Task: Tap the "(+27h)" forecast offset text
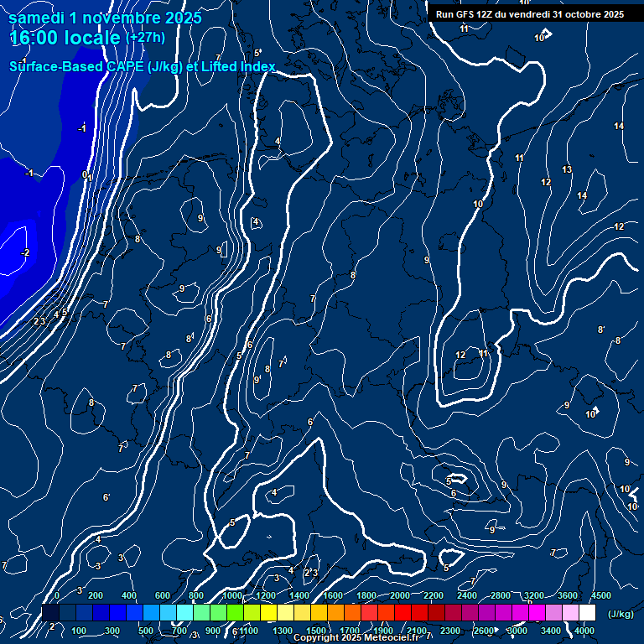(144, 38)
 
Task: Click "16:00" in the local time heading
(31, 38)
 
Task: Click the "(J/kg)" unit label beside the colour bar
(621, 614)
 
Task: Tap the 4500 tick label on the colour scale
(601, 595)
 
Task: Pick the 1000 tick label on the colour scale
(232, 595)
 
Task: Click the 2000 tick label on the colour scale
(400, 595)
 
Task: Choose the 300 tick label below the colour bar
(112, 631)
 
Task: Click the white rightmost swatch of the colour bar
(587, 613)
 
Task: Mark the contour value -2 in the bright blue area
(25, 252)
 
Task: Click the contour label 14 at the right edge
(618, 126)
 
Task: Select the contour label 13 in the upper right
(567, 170)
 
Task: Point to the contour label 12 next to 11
(460, 355)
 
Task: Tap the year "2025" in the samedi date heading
(184, 17)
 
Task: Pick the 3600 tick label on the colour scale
(568, 595)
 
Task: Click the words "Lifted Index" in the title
(239, 67)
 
